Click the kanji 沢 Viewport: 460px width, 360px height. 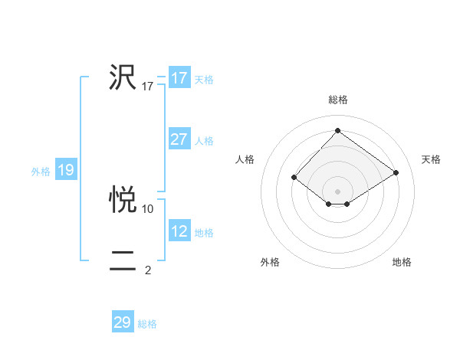pos(123,77)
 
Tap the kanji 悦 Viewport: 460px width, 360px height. pos(123,199)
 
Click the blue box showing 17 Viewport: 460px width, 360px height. pos(179,78)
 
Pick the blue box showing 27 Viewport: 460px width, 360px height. pos(179,139)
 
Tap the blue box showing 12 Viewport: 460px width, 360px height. pos(179,231)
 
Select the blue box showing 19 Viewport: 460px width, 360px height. pos(66,170)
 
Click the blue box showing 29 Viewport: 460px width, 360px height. pos(123,322)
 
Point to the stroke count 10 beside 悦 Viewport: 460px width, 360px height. pos(148,208)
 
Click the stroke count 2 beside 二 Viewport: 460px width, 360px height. pos(148,270)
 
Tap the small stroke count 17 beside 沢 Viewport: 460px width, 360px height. pos(148,87)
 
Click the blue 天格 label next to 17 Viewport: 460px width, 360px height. pos(204,80)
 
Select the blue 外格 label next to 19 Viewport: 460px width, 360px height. pos(41,172)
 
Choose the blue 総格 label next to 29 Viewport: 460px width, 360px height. pos(147,324)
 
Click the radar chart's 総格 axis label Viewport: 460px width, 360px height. pos(337,100)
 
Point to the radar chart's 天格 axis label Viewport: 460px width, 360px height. pos(431,159)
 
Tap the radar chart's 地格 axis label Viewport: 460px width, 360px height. pos(402,263)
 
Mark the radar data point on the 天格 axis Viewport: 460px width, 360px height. pos(396,173)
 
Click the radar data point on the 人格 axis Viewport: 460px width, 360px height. pos(294,177)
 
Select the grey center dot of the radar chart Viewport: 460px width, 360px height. pos(337,191)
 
